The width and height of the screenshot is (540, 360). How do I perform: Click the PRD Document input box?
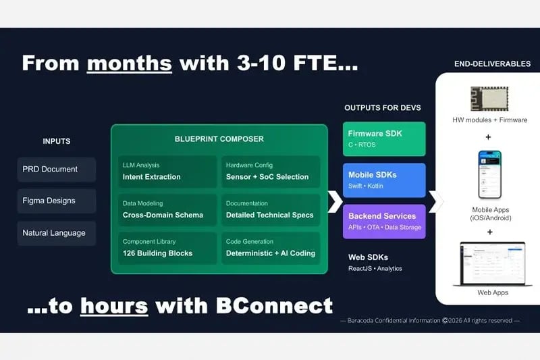click(x=57, y=170)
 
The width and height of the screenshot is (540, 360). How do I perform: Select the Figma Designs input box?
click(x=57, y=201)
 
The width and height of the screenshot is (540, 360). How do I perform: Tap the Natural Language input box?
click(x=57, y=233)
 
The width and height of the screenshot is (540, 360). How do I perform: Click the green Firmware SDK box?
click(x=384, y=138)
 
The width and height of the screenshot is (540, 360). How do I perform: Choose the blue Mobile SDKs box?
click(x=384, y=180)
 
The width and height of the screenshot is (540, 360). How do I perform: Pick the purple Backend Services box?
click(x=384, y=221)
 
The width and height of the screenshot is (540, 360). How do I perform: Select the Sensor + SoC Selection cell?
click(x=270, y=172)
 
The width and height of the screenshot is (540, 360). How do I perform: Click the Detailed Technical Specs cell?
click(x=270, y=210)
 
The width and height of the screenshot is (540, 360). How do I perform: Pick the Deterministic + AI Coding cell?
click(x=270, y=248)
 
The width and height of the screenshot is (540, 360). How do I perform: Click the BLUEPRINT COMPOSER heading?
click(x=219, y=139)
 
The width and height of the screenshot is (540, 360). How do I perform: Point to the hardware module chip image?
click(x=489, y=99)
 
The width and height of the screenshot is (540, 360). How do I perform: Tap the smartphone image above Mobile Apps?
click(x=490, y=174)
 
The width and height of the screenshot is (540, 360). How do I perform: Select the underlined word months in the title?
click(x=130, y=63)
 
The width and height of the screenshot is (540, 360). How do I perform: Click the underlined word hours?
click(x=114, y=305)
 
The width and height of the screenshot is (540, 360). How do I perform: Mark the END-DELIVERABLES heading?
click(x=492, y=64)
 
